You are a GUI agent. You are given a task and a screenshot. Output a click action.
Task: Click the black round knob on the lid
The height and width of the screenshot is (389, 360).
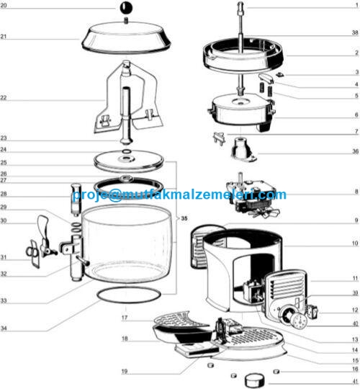(x=126, y=8)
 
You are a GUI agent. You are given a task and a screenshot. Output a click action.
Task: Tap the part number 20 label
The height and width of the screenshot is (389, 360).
(x=4, y=5)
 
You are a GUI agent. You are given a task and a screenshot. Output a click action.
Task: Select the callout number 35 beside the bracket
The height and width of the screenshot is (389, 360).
(x=184, y=218)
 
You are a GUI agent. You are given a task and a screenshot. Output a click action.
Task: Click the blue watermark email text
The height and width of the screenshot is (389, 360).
(x=179, y=194)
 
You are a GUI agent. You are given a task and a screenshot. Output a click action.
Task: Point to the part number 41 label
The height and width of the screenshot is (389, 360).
(x=356, y=381)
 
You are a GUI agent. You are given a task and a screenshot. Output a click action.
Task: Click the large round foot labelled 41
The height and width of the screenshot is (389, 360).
(x=254, y=380)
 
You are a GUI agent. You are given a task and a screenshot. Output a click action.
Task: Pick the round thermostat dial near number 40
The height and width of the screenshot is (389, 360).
(x=299, y=321)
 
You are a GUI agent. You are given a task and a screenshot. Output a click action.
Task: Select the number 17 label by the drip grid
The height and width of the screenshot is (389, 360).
(x=125, y=318)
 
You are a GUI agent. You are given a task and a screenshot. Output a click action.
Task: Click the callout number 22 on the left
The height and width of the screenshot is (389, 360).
(x=4, y=98)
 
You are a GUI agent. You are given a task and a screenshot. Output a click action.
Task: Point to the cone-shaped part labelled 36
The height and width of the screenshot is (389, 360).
(x=243, y=149)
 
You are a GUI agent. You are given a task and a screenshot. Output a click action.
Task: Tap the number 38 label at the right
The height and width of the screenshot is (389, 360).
(x=355, y=32)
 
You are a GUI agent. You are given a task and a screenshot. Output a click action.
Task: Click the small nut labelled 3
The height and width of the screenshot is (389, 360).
(x=280, y=74)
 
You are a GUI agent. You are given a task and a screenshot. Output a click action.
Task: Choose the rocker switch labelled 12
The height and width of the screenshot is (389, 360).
(x=312, y=311)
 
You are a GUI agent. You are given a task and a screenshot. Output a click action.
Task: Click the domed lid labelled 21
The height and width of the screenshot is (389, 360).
(x=126, y=37)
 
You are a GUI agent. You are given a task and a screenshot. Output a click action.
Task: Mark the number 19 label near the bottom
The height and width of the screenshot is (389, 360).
(x=125, y=372)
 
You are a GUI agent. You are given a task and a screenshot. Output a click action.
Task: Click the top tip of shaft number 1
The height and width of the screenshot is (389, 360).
(x=240, y=2)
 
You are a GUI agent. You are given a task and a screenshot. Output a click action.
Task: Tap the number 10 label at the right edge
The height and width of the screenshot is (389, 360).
(x=355, y=243)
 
